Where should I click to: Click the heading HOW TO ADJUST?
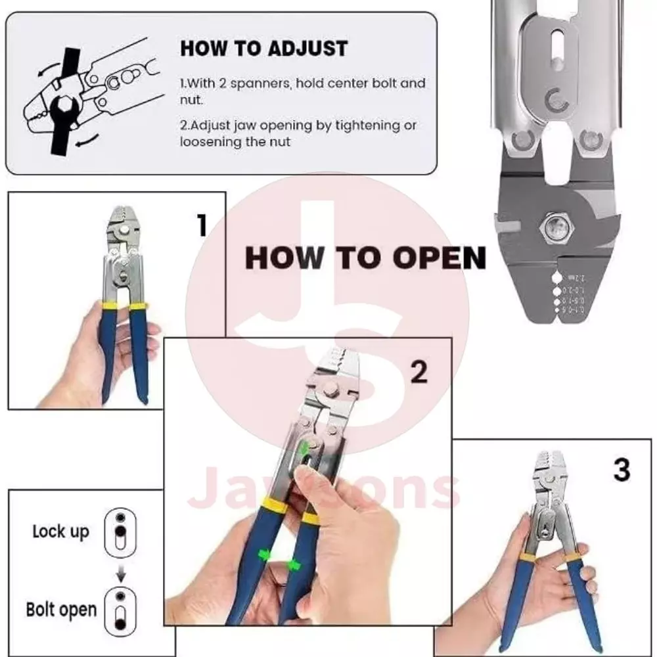click(264, 49)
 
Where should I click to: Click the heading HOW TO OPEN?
click(365, 258)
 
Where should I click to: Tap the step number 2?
click(419, 372)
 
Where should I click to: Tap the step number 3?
click(621, 470)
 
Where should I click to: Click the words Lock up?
click(60, 531)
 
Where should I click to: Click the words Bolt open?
click(61, 609)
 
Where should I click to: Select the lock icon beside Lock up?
click(120, 530)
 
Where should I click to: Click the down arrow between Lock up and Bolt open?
click(120, 573)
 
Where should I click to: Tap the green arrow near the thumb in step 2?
click(304, 449)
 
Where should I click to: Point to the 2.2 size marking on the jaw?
click(581, 277)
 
